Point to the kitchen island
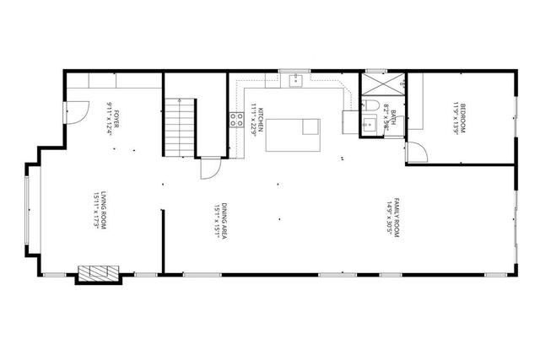pyautogui.click(x=293, y=134)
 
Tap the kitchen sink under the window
pyautogui.click(x=296, y=81)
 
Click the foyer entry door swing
pyautogui.click(x=76, y=112)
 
